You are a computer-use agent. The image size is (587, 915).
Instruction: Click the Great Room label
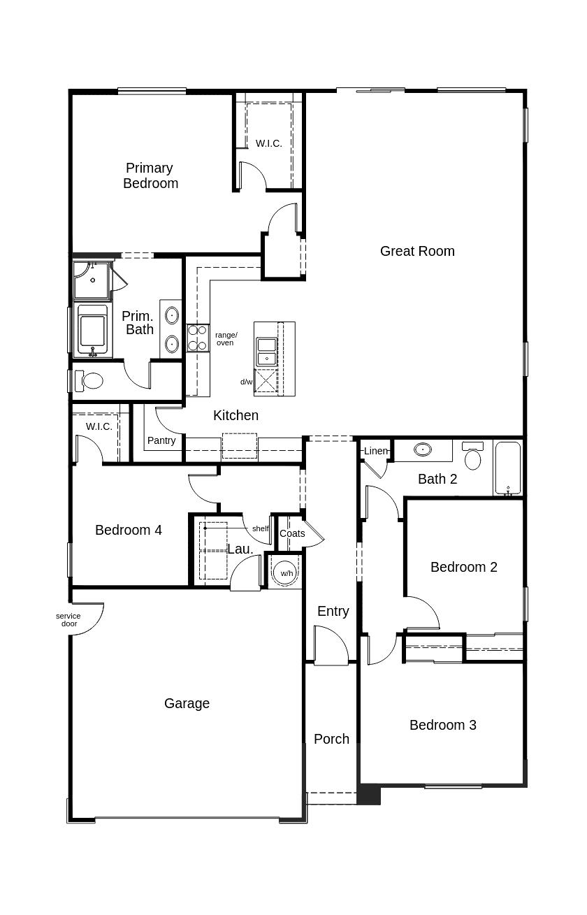[417, 251]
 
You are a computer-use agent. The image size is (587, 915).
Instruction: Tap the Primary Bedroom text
[151, 175]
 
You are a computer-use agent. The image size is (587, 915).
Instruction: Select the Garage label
[187, 703]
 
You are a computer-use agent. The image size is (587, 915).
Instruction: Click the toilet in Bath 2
[472, 455]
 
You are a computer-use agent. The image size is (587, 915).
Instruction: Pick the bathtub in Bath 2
[508, 468]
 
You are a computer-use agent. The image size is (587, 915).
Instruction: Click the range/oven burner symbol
[197, 338]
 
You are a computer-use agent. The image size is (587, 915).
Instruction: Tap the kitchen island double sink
[266, 352]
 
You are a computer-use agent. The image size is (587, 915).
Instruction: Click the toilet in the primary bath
[88, 381]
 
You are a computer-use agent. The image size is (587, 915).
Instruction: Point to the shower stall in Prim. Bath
[92, 280]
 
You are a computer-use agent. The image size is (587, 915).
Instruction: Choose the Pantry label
[161, 440]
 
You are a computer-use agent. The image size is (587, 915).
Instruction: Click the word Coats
[292, 533]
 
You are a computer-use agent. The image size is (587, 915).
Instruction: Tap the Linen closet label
[375, 451]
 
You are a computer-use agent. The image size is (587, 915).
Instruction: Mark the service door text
[68, 619]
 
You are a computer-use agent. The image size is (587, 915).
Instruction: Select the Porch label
[331, 739]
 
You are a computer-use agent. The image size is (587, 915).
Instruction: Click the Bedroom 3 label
[443, 725]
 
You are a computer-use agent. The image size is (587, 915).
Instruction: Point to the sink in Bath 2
[423, 449]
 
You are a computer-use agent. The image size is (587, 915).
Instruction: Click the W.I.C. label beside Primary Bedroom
[269, 143]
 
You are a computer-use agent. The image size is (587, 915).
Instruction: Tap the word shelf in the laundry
[260, 528]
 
